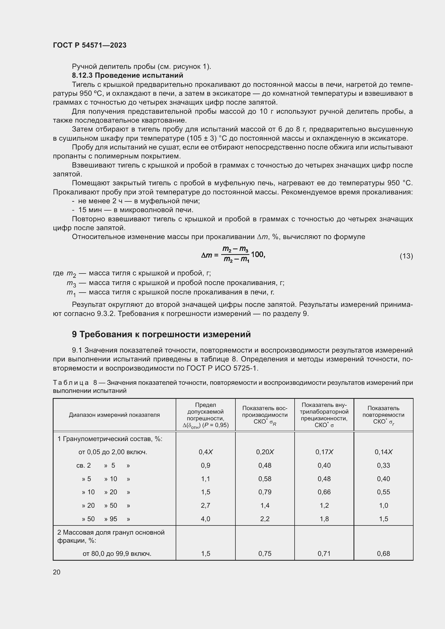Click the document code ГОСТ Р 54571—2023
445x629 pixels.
[90, 45]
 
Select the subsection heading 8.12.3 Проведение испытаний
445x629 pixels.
[128, 75]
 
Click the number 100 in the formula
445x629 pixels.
[257, 254]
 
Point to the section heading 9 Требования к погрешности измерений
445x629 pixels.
[161, 334]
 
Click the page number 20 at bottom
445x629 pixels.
[57, 572]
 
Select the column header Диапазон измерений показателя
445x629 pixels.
[114, 415]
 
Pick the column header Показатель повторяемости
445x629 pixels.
[383, 415]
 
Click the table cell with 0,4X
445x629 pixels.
[206, 452]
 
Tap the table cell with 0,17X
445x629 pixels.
[324, 452]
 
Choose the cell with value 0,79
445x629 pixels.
[265, 492]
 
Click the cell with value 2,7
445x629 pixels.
[206, 506]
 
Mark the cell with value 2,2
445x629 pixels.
[265, 519]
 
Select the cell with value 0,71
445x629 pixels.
[324, 554]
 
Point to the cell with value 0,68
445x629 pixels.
[383, 554]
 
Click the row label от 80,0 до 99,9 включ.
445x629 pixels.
[117, 554]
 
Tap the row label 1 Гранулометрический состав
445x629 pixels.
[110, 439]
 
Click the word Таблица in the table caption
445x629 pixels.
[71, 383]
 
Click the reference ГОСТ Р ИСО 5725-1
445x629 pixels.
[222, 368]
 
